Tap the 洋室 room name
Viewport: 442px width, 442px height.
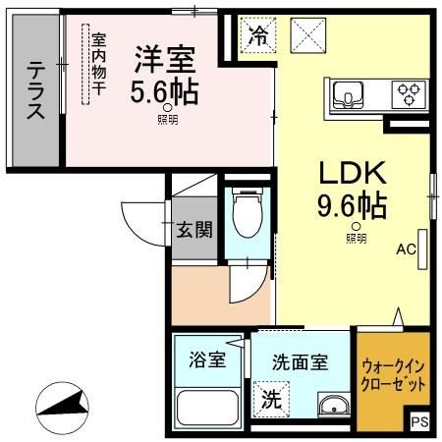pyautogui.click(x=164, y=58)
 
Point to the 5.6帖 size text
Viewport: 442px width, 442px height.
pyautogui.click(x=165, y=92)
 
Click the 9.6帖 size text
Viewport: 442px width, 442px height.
pyautogui.click(x=352, y=206)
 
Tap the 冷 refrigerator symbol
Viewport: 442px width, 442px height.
pyautogui.click(x=258, y=36)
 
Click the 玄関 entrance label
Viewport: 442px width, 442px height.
pyautogui.click(x=193, y=231)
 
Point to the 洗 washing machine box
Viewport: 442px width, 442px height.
pyautogui.click(x=269, y=401)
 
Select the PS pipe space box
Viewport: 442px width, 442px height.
pyautogui.click(x=420, y=421)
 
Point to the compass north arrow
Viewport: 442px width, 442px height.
pyautogui.click(x=59, y=403)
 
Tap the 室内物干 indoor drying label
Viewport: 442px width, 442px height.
pyautogui.click(x=98, y=65)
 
